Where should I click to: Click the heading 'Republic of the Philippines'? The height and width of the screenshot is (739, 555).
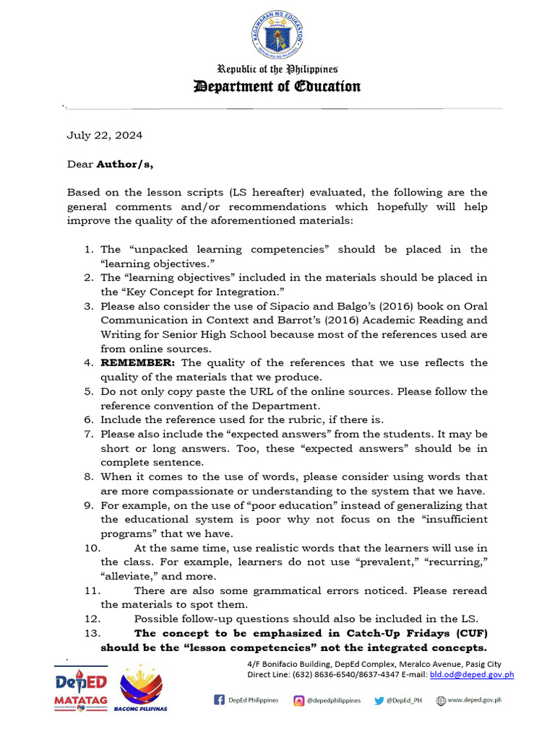point(277,70)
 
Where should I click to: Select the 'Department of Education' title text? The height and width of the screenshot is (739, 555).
point(277,87)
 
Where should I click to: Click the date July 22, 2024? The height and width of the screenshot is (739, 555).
point(105,135)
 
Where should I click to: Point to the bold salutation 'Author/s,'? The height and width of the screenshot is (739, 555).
point(125,164)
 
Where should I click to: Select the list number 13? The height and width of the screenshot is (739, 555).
point(92,633)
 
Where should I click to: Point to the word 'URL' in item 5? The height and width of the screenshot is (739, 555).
point(232,391)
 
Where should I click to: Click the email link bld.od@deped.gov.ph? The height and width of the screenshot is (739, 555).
point(472,675)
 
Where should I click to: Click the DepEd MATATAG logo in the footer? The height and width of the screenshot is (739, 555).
point(81,689)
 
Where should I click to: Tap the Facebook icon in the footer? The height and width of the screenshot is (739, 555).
point(219,700)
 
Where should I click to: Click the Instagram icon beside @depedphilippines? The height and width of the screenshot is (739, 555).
point(299,700)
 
